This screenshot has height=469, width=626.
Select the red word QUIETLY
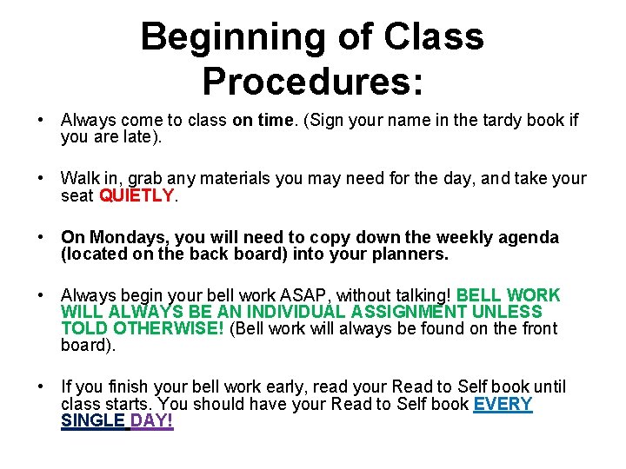(137, 196)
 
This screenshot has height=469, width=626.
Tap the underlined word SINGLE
(93, 421)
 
